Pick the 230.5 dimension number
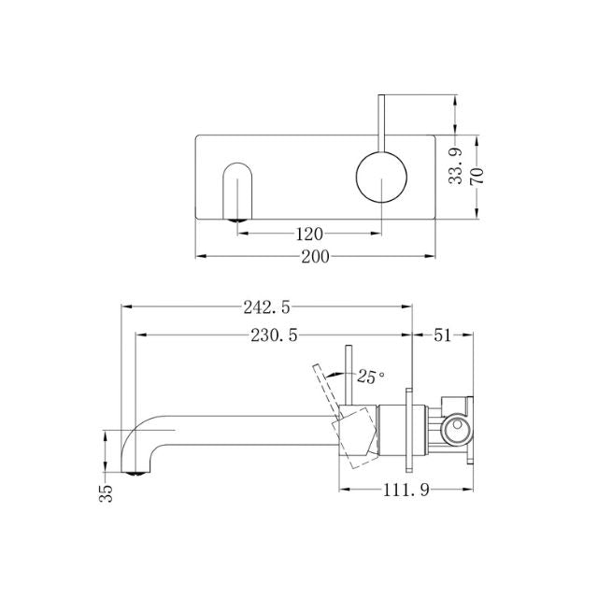click(261, 335)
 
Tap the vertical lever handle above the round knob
click(381, 121)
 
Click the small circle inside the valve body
click(457, 429)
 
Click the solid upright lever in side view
click(349, 378)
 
